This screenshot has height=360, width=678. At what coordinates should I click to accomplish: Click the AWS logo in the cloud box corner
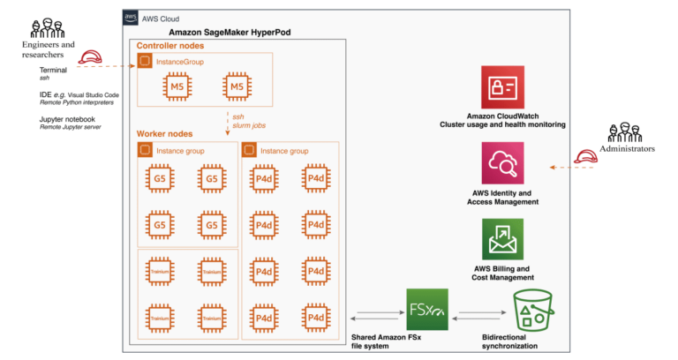pyautogui.click(x=131, y=18)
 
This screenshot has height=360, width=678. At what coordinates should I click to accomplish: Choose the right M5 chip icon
pyautogui.click(x=236, y=86)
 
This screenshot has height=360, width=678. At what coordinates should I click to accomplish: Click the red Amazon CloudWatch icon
pyautogui.click(x=502, y=87)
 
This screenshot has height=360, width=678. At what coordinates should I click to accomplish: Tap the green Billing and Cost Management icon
pyautogui.click(x=502, y=238)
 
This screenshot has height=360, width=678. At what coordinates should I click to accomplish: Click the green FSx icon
pyautogui.click(x=426, y=310)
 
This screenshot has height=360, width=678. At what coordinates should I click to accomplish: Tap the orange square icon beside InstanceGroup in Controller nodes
pyautogui.click(x=146, y=62)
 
